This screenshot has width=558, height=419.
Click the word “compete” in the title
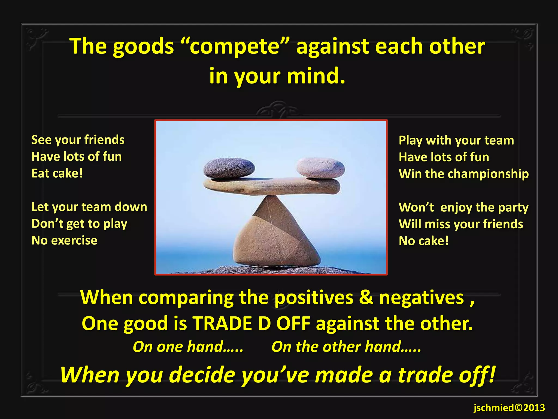click(x=235, y=46)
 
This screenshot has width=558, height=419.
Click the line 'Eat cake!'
click(x=57, y=173)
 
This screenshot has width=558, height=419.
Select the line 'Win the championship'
click(x=463, y=174)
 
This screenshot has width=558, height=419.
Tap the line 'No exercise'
click(x=64, y=241)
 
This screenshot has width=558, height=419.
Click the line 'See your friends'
click(x=78, y=140)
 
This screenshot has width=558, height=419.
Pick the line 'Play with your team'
click(x=456, y=140)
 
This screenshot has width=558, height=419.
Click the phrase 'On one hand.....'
click(x=188, y=347)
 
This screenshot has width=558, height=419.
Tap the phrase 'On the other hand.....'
click(x=346, y=347)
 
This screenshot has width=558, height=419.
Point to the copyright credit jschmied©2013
click(x=509, y=408)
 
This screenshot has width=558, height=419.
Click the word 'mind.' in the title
click(x=316, y=76)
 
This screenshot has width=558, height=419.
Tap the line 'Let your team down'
click(x=89, y=207)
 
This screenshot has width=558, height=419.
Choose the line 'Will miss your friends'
click(x=461, y=224)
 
